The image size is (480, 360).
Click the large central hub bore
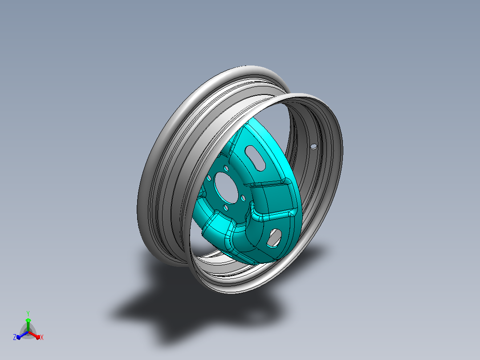coord(227,188)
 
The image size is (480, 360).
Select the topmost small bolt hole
coord(226,168)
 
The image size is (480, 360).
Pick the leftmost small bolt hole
coord(209,178)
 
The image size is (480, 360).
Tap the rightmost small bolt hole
coord(244,198)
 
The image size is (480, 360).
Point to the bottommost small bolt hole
coord(226,208)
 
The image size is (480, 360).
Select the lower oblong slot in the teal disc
coord(274,238)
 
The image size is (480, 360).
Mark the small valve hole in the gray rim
coord(314,147)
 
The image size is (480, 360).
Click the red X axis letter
coord(42,337)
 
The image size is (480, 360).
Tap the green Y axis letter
coord(28,313)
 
